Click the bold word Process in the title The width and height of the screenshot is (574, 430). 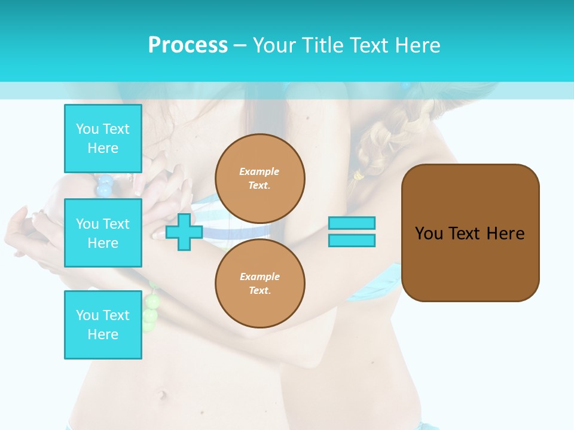coord(188,45)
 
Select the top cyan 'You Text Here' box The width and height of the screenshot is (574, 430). coord(103,139)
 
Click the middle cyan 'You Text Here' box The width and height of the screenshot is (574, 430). coord(103,233)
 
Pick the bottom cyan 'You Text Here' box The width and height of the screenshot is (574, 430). coord(103,324)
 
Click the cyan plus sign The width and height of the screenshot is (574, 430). coord(184,232)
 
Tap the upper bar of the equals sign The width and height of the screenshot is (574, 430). coord(352,223)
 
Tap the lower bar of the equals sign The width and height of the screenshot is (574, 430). coord(352,241)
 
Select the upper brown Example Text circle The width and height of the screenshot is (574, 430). coord(259,179)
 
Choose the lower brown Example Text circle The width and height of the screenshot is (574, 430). coord(259,284)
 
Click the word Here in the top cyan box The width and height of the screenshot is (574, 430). coord(103,148)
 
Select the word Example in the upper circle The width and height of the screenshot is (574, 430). coord(259,171)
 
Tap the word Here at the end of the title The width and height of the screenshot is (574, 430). coord(418,45)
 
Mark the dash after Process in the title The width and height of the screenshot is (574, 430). coord(240,45)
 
